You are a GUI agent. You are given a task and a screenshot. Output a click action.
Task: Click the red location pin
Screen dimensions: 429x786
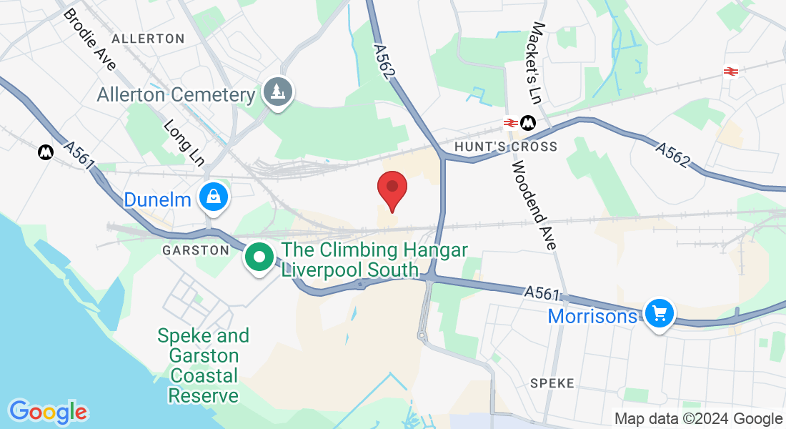[x=392, y=187]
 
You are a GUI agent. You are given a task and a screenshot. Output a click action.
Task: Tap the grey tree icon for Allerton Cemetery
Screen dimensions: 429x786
[x=278, y=92]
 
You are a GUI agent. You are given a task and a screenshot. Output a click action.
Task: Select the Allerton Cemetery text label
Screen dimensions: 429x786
[x=176, y=94]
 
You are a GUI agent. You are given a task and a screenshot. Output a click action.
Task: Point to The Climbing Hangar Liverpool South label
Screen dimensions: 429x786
[x=374, y=260]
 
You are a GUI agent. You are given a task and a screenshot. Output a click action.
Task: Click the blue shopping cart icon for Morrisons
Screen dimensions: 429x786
[x=659, y=313]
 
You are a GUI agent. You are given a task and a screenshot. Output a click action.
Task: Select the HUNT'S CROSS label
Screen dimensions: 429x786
[x=506, y=147]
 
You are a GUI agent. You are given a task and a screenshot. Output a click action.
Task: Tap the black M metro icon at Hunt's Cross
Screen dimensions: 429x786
[x=529, y=123]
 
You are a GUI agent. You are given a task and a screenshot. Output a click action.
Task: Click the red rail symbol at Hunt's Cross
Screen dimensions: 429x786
[x=510, y=123]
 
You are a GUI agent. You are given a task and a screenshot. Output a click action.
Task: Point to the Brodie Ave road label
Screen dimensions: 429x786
[x=89, y=40]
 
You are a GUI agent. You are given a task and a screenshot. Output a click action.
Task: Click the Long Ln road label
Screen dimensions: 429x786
[x=184, y=142]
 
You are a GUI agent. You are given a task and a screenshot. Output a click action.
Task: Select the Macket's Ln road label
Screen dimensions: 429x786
[x=537, y=61]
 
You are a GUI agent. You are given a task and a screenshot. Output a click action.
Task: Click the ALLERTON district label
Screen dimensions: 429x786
[x=148, y=39]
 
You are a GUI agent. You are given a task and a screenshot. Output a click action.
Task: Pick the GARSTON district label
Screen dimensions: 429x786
[x=196, y=250]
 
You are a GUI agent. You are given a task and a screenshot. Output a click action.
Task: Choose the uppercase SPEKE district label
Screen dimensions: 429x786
[x=552, y=383]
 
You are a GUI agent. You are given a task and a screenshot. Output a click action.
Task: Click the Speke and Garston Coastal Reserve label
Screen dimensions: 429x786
[x=204, y=365]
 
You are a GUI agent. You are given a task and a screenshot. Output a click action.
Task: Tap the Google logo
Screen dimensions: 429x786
[x=48, y=412]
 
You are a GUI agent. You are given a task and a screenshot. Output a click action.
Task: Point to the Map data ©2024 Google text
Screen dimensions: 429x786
[x=699, y=419]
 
